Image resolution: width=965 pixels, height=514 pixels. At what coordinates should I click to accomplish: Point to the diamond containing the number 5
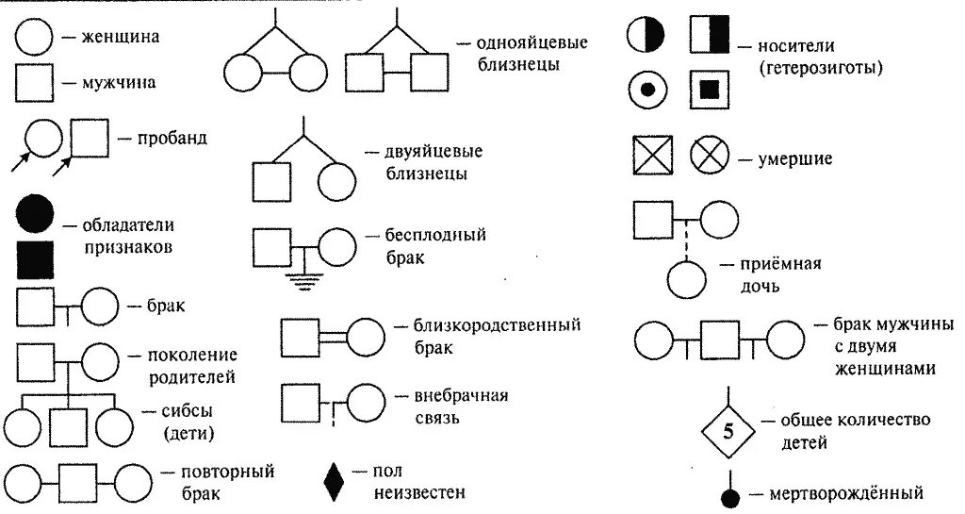(x=728, y=433)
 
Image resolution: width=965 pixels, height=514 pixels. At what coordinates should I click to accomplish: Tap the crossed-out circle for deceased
(x=710, y=156)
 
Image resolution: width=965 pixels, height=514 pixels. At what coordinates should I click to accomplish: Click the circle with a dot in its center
(x=647, y=90)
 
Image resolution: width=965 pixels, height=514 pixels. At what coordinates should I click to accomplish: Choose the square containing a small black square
(x=711, y=90)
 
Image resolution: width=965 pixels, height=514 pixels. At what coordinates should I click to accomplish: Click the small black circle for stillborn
(x=728, y=496)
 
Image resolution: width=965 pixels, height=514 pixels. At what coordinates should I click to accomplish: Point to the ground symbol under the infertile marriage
(x=303, y=278)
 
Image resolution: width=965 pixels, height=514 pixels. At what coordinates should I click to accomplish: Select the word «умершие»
(x=795, y=158)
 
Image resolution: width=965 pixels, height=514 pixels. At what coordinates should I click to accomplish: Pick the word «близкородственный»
(x=497, y=325)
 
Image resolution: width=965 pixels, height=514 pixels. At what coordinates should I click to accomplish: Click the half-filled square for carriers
(x=710, y=35)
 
